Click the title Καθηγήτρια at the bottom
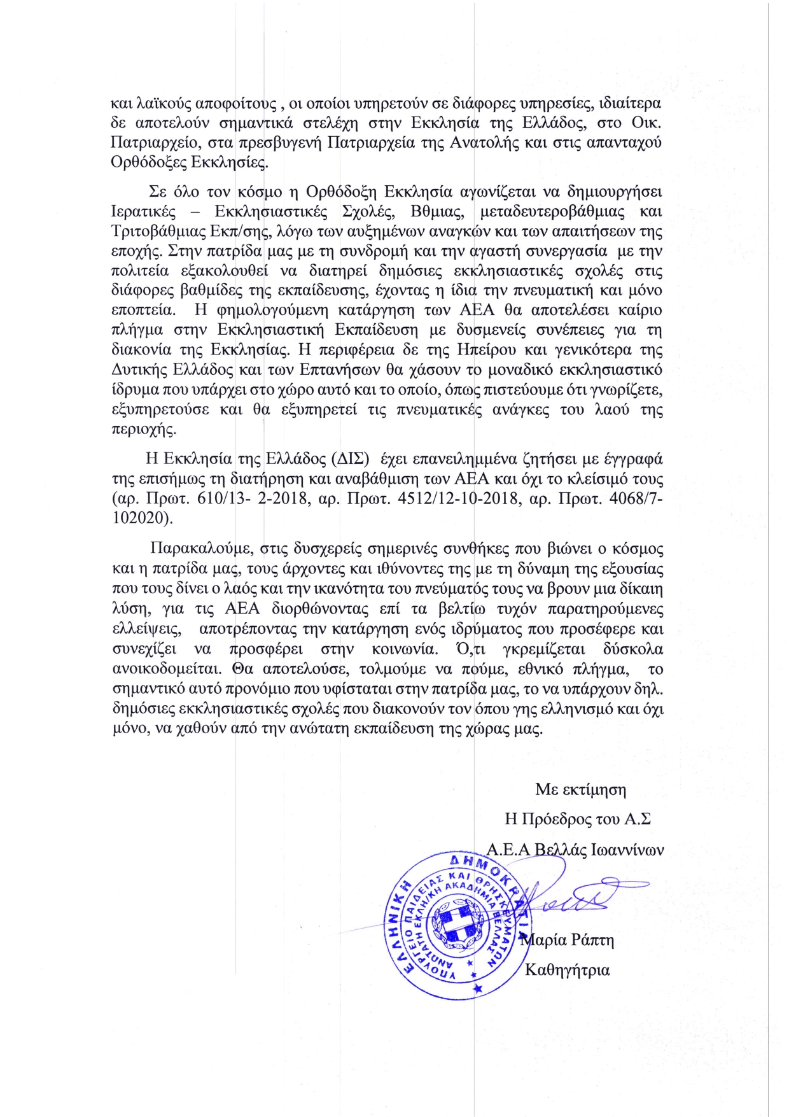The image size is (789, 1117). point(567,970)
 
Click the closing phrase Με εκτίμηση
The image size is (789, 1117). point(580,790)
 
